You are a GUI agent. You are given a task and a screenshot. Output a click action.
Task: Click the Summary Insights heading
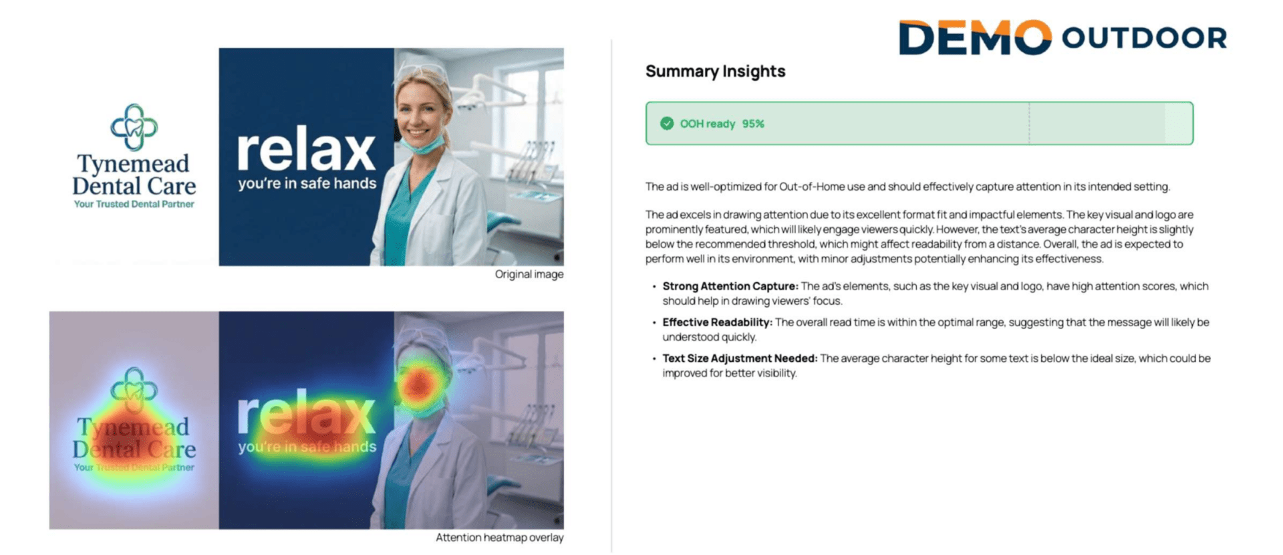click(715, 72)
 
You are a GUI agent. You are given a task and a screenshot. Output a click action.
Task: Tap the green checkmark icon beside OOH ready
click(667, 124)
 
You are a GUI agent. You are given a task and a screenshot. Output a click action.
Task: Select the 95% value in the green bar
click(753, 124)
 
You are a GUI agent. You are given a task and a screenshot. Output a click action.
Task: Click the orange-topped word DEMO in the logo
click(975, 37)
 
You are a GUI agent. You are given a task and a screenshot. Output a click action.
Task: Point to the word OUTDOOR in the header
click(1144, 37)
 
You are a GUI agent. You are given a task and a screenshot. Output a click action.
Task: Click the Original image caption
click(529, 274)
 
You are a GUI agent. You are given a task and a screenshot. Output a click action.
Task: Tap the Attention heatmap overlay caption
click(499, 538)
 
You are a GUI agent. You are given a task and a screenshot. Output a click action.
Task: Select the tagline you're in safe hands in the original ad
click(307, 183)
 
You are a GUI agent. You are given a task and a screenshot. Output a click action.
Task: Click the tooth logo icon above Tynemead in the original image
click(134, 126)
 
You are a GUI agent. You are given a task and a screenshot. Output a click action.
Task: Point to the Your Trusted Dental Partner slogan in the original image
click(134, 204)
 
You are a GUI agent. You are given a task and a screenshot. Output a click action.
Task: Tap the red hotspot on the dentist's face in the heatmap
click(418, 384)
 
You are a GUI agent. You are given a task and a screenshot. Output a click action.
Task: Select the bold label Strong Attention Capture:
click(730, 286)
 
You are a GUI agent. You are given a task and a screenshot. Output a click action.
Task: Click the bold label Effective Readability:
click(717, 322)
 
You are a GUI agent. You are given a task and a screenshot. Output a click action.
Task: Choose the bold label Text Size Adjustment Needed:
click(740, 358)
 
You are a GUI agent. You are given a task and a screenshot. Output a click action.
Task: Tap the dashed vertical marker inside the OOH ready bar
click(1029, 124)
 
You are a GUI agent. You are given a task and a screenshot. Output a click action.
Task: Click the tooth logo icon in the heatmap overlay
click(134, 390)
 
